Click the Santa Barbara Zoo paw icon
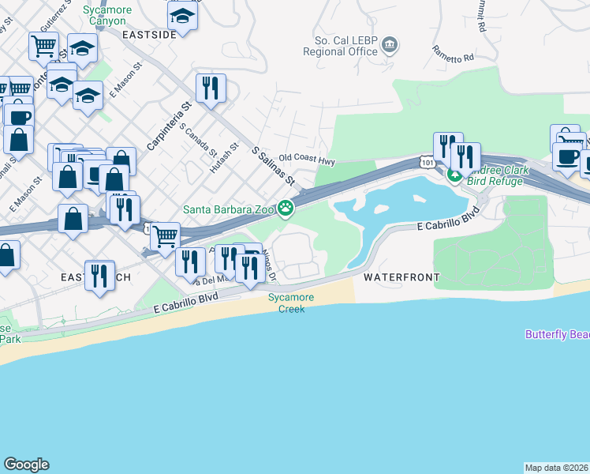coord(286,209)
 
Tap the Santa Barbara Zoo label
coord(229,209)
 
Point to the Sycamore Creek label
coord(290,303)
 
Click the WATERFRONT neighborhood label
coord(401,278)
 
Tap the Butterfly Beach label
coord(557,334)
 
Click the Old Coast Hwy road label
coord(307,159)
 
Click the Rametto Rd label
coord(452,54)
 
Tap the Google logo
coord(26,465)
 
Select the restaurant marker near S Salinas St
coord(211,88)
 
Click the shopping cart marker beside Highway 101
coord(165,235)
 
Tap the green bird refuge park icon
coord(454,175)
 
